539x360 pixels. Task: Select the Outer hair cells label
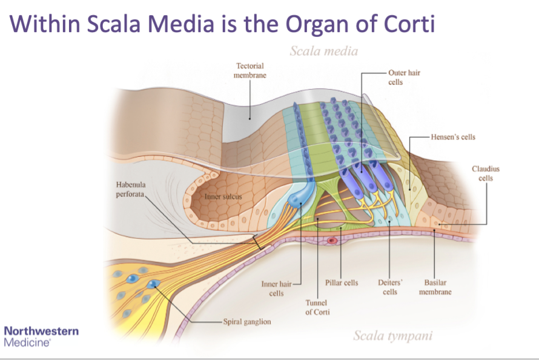pyautogui.click(x=404, y=77)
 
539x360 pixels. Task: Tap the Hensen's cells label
pyautogui.click(x=453, y=137)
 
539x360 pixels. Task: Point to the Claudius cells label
pyautogui.click(x=486, y=173)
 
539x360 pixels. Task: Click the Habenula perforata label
pyautogui.click(x=131, y=189)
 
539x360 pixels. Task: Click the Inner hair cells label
pyautogui.click(x=276, y=288)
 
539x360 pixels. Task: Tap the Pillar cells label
pyautogui.click(x=342, y=283)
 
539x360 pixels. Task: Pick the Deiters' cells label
pyautogui.click(x=390, y=287)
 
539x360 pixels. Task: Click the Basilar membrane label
pyautogui.click(x=435, y=287)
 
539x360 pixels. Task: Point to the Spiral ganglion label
pyautogui.click(x=247, y=321)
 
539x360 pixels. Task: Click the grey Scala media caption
pyautogui.click(x=323, y=51)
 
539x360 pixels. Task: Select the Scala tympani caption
pyautogui.click(x=392, y=335)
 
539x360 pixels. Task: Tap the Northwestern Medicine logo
pyautogui.click(x=41, y=336)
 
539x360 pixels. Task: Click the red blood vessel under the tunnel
pyautogui.click(x=331, y=241)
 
